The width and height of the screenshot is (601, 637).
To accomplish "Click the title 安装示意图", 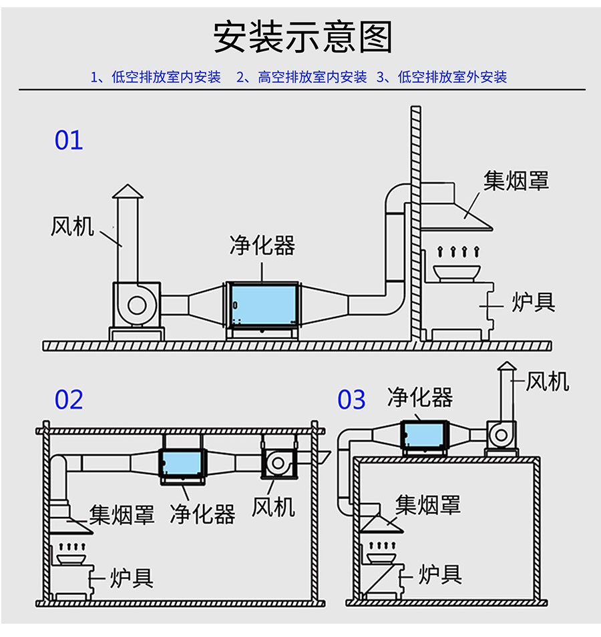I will [x=303, y=37].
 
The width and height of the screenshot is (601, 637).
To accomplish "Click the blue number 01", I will [x=69, y=141].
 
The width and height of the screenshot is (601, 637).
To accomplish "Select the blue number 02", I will [x=69, y=400].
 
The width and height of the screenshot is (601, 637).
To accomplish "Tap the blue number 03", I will [x=351, y=400].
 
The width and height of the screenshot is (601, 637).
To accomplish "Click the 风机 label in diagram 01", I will [x=72, y=226].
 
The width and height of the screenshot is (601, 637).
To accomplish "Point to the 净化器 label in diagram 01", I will [x=262, y=245].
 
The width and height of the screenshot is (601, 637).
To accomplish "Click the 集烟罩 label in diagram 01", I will [x=516, y=180].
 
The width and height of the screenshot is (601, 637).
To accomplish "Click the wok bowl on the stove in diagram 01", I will [x=455, y=271].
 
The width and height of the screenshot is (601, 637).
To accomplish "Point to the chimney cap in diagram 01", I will [x=127, y=192].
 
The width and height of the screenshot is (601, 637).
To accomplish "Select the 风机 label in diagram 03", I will [x=548, y=382].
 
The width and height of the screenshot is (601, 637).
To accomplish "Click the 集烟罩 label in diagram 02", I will [x=122, y=514].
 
